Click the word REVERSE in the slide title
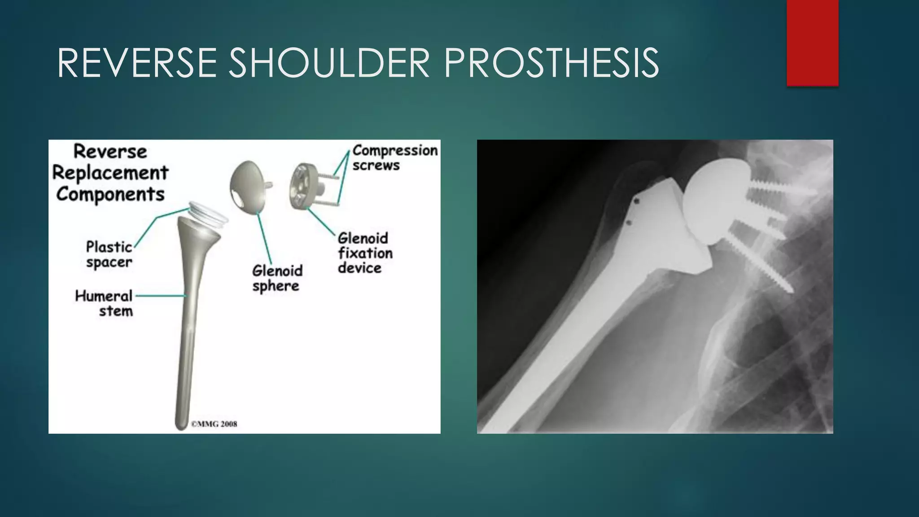(x=137, y=63)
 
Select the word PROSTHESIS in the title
(x=551, y=63)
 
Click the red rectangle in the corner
(x=812, y=43)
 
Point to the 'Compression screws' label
(x=394, y=158)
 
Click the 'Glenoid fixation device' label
(x=365, y=253)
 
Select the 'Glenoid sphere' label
(x=277, y=278)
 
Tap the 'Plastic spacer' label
(x=109, y=254)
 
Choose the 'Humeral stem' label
(x=104, y=303)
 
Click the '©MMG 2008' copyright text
(x=214, y=424)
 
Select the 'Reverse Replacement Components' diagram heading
(x=110, y=173)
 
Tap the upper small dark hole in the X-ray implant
(x=636, y=202)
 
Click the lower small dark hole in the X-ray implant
(x=629, y=223)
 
